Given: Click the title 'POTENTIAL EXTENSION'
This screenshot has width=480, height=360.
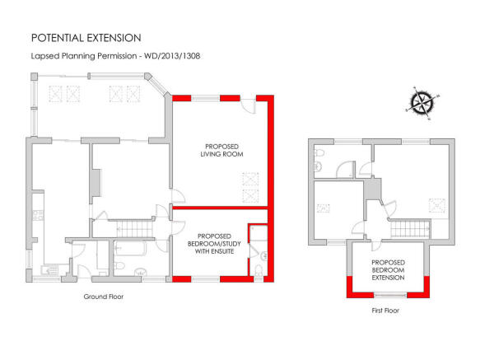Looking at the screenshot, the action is [x=86, y=38].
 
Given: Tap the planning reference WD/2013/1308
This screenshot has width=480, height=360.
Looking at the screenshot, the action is [x=172, y=56].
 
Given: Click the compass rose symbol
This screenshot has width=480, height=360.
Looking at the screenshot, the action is [x=422, y=102].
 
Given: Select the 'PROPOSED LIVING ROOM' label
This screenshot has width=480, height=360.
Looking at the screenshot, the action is [x=221, y=151].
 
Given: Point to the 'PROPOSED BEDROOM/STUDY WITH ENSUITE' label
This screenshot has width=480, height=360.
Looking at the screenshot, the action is [x=214, y=244].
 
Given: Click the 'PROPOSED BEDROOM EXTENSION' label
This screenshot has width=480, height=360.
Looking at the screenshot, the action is [x=388, y=270].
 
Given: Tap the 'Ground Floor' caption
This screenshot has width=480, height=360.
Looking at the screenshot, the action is [x=104, y=297].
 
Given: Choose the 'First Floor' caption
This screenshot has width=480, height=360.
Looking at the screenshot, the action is [x=385, y=311].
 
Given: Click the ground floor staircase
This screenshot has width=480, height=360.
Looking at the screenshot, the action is [x=134, y=228].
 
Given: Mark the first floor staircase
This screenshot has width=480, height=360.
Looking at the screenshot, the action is [x=410, y=228].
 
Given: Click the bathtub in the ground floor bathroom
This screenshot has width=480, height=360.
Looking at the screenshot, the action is [x=131, y=248].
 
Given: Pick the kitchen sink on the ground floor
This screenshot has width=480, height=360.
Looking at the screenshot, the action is [x=50, y=270].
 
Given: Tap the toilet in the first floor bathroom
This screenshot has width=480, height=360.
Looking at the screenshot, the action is [x=319, y=152].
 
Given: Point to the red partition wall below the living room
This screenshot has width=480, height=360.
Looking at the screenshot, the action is [x=220, y=208].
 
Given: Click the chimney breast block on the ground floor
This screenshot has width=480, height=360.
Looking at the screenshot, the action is [x=96, y=183].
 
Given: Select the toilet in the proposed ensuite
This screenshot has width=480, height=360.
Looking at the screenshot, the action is [x=259, y=270].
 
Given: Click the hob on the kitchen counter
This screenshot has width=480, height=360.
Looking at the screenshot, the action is [x=38, y=215].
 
